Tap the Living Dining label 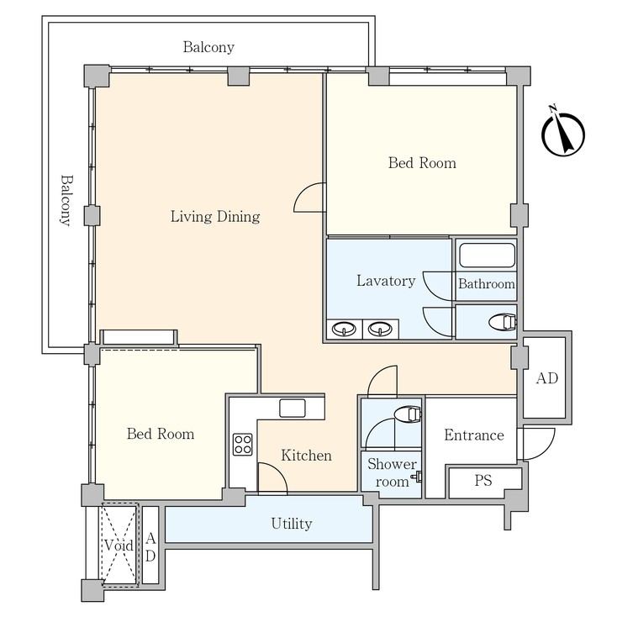click(x=215, y=217)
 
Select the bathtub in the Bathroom click(x=486, y=256)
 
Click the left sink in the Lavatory click(x=343, y=329)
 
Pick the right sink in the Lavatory click(x=381, y=329)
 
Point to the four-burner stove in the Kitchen click(x=242, y=444)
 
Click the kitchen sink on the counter click(x=293, y=408)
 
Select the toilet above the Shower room click(x=407, y=414)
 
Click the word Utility click(x=292, y=525)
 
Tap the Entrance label click(x=474, y=435)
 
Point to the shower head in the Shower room click(x=415, y=480)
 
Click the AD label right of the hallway click(x=547, y=379)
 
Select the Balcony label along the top click(x=208, y=47)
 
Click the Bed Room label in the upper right click(x=422, y=163)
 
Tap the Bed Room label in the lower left click(x=161, y=435)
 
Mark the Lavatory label click(x=386, y=281)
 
